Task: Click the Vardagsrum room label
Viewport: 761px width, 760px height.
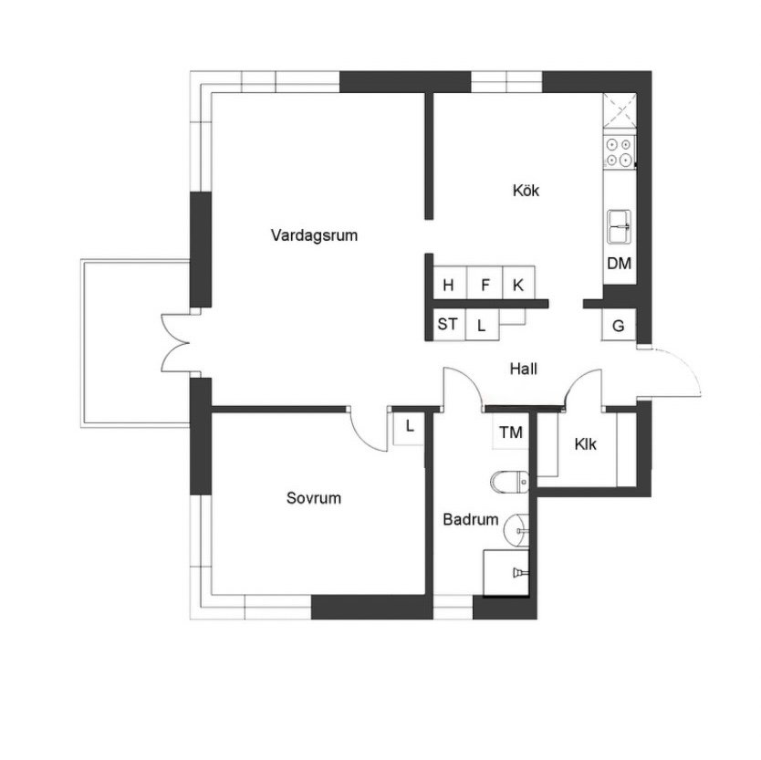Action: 314,235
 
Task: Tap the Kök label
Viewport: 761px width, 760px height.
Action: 526,191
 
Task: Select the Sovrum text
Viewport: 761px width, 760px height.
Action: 314,498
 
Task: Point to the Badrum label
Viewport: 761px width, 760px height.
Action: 470,520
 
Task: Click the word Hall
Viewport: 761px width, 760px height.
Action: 523,369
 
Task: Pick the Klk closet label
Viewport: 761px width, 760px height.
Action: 585,444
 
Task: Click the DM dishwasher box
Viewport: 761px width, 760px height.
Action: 620,263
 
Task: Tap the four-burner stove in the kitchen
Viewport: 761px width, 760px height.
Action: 620,152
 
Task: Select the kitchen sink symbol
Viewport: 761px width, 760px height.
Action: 620,226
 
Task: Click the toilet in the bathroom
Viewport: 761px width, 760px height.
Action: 509,482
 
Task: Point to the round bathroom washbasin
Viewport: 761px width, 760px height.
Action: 517,531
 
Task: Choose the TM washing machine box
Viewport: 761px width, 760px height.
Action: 511,432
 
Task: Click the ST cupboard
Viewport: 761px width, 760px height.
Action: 448,324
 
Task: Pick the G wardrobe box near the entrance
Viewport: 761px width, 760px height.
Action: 619,325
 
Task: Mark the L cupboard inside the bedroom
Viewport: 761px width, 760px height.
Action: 409,428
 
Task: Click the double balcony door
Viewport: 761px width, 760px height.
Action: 175,344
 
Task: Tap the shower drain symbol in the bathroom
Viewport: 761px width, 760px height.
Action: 519,573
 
